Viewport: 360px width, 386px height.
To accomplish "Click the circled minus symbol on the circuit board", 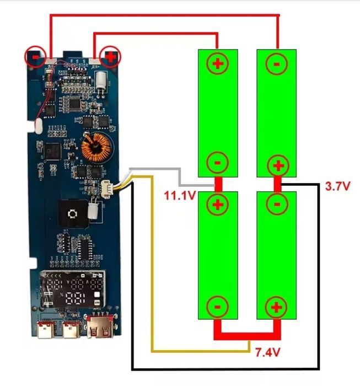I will [35, 57].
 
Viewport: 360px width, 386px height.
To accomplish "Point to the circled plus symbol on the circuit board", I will [111, 56].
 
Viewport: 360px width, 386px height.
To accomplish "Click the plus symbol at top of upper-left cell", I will [218, 63].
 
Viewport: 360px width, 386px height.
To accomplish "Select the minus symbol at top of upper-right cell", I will [277, 63].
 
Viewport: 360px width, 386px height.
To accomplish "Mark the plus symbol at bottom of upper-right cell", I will [277, 165].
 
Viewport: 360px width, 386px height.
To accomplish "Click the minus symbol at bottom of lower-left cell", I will [218, 307].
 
